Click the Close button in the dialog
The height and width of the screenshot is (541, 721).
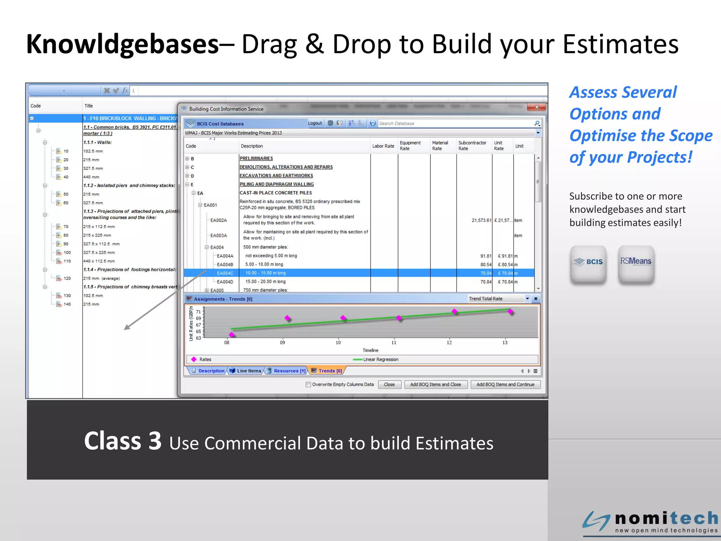(389, 384)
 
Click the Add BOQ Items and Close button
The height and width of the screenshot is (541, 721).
(435, 384)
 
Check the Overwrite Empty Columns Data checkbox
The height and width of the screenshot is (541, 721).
(308, 385)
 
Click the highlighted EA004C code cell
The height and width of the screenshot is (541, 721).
(225, 273)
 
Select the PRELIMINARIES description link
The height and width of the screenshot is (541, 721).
(256, 158)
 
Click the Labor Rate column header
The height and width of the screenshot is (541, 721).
(383, 146)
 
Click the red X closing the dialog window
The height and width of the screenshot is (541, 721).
(537, 107)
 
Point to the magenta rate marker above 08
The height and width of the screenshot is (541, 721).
(232, 335)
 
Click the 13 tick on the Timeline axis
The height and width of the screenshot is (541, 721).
(504, 342)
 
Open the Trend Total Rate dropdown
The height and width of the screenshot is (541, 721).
(527, 299)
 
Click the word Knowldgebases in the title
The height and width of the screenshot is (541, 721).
(123, 44)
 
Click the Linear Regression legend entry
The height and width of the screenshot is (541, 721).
(380, 359)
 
